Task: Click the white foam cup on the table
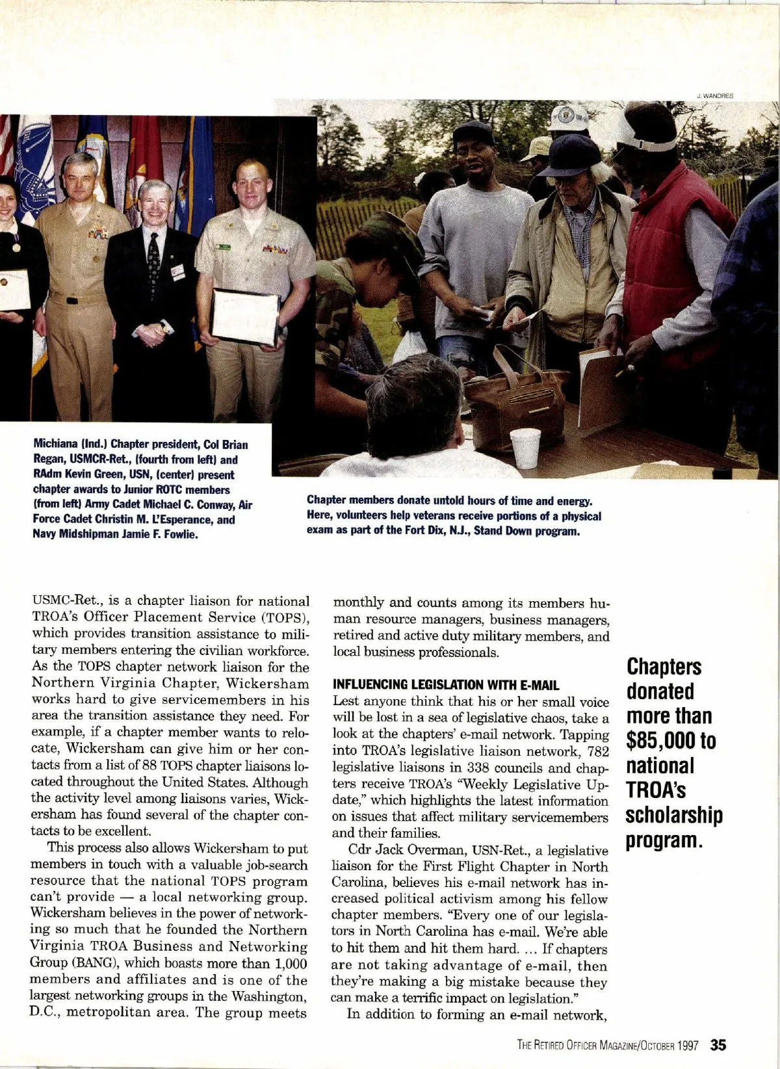click(525, 448)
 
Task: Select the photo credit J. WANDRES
click(714, 96)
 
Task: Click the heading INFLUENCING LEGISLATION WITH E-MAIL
click(446, 685)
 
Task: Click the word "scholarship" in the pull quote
click(674, 814)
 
